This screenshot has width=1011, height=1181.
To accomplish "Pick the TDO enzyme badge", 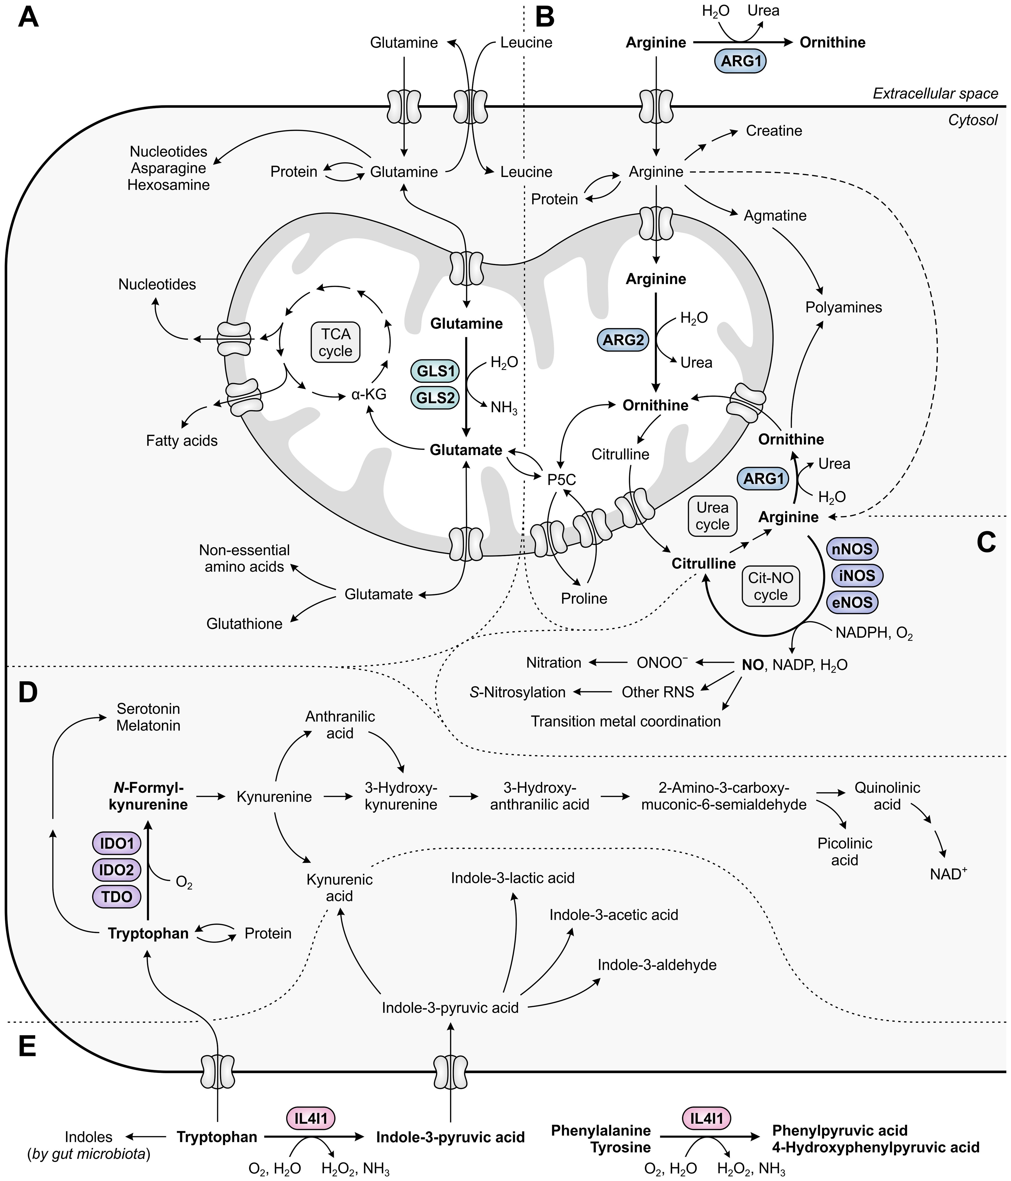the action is [x=117, y=897].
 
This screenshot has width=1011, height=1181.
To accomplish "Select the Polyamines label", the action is [x=844, y=307].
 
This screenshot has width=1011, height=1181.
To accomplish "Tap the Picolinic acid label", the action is [x=845, y=851].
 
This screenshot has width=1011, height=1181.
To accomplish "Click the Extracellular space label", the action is [x=936, y=94].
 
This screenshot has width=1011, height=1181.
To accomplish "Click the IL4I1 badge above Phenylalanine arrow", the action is [x=707, y=1119].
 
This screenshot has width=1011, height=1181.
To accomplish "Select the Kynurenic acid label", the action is [x=340, y=887].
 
